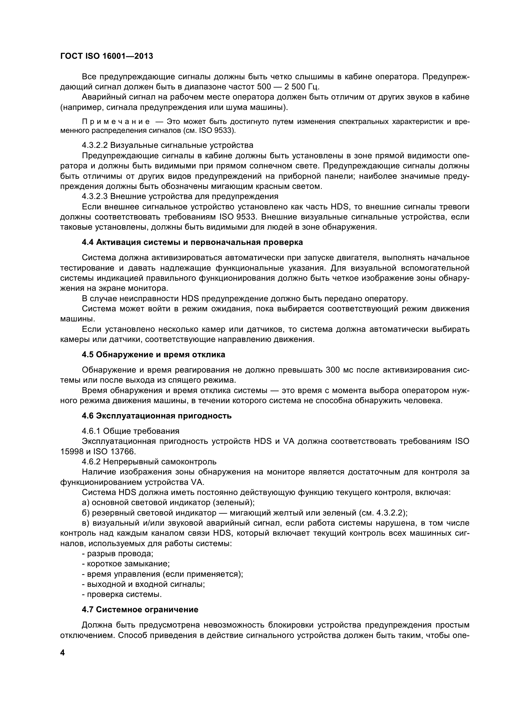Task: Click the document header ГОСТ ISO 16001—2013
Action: pos(106,56)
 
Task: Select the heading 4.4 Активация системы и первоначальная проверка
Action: pos(192,242)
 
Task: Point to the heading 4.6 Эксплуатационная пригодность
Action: pos(156,416)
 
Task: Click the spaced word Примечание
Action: pos(116,122)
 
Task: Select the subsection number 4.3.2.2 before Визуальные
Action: pos(95,145)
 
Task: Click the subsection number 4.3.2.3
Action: pos(95,197)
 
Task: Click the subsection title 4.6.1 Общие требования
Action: pos(131,431)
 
